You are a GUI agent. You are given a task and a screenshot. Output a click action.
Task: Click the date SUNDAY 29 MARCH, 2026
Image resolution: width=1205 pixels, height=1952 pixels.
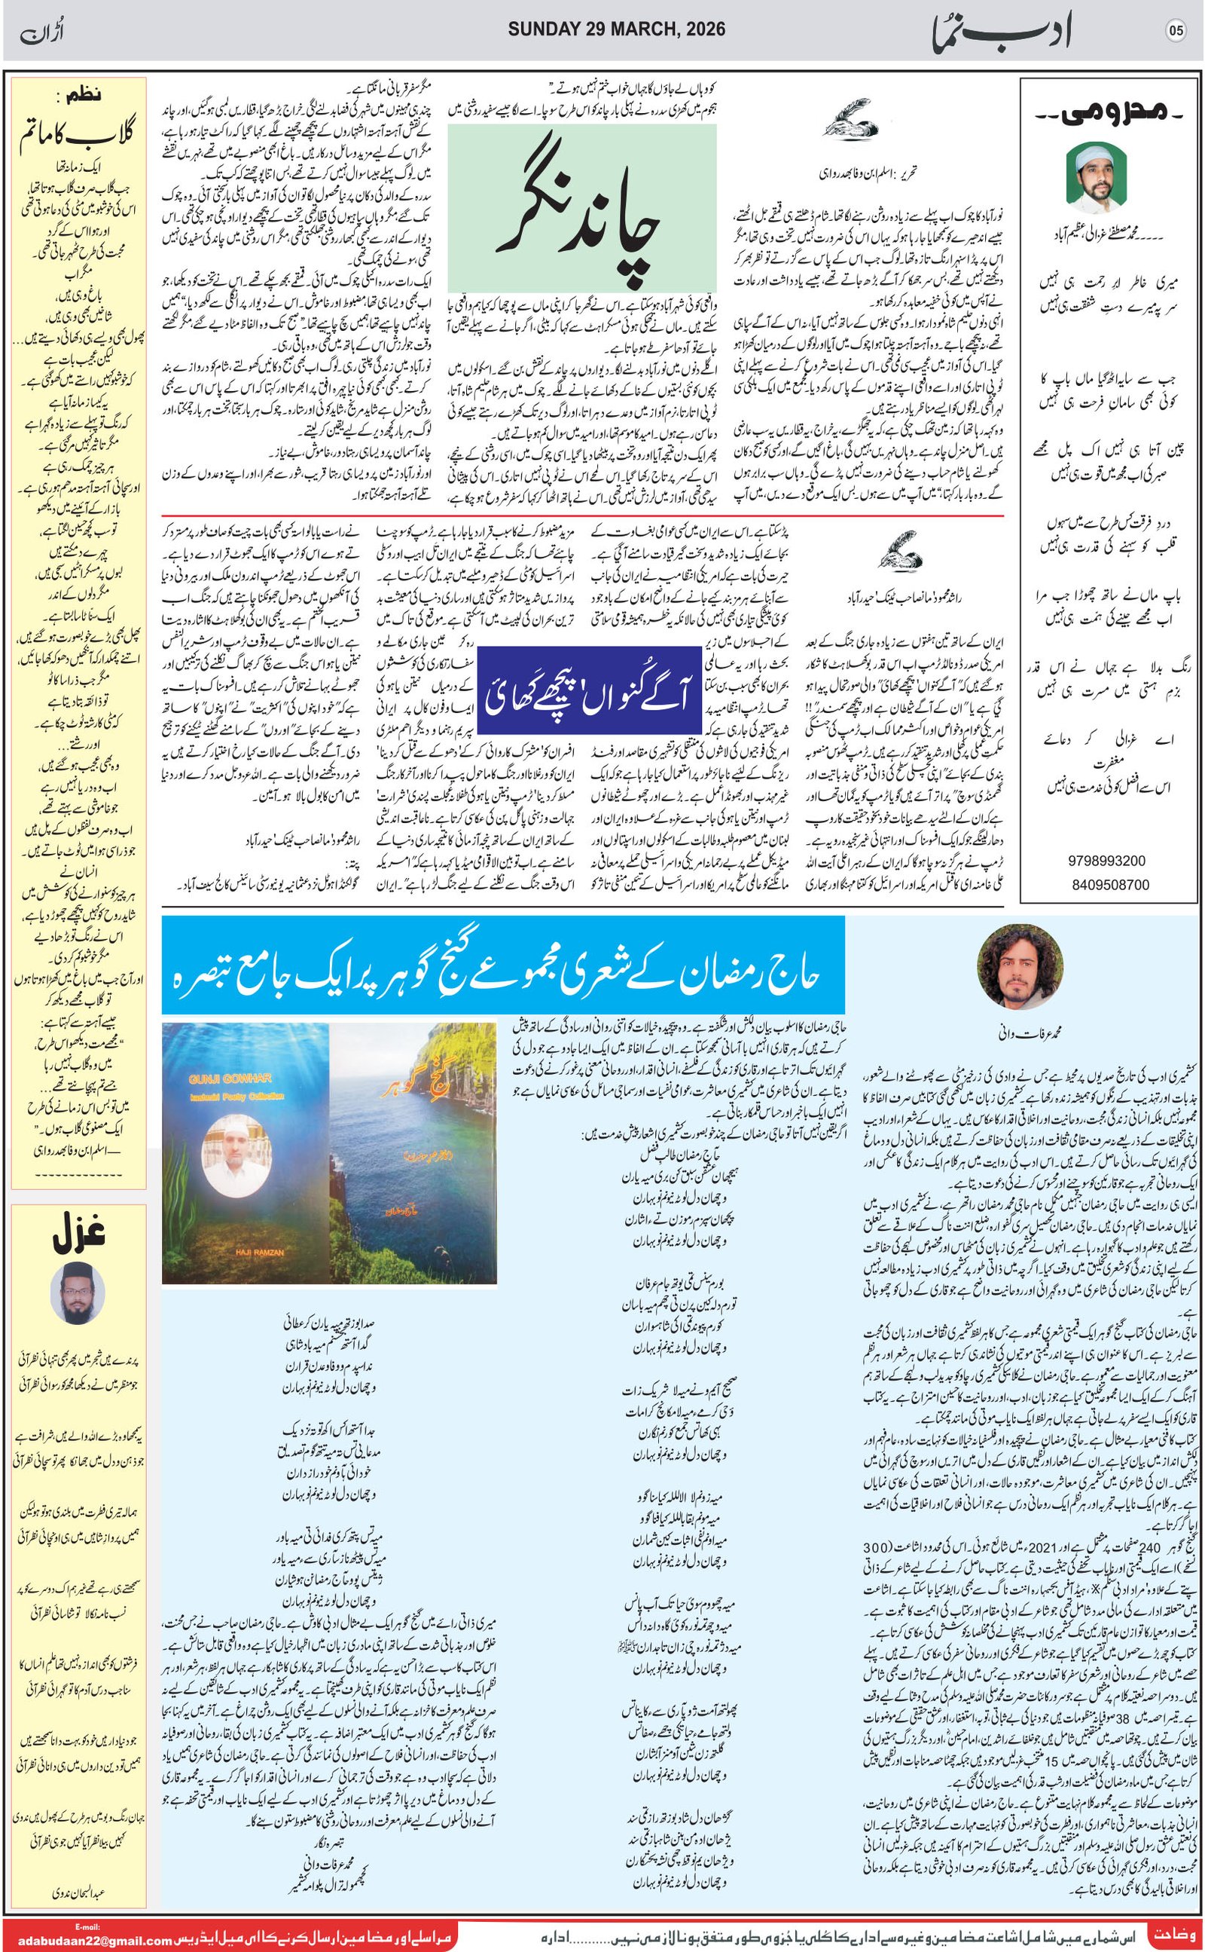pyautogui.click(x=616, y=29)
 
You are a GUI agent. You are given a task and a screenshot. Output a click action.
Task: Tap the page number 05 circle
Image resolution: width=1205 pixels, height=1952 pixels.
pyautogui.click(x=1176, y=31)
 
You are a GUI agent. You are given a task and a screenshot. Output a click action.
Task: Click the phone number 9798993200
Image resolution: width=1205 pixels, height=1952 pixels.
pyautogui.click(x=1107, y=861)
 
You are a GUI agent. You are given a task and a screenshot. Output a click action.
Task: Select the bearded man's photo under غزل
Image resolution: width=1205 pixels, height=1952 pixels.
pyautogui.click(x=78, y=1293)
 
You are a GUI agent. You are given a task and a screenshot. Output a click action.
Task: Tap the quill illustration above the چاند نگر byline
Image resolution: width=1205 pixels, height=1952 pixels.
pyautogui.click(x=850, y=122)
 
